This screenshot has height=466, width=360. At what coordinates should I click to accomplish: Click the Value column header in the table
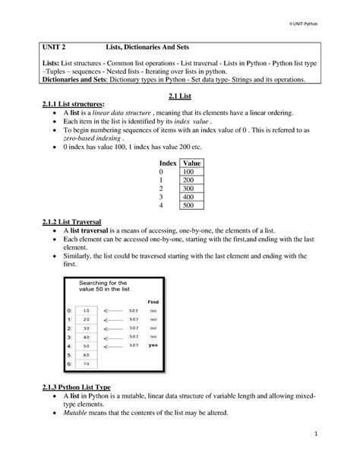pyautogui.click(x=191, y=163)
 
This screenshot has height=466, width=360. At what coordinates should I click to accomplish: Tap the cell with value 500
pyautogui.click(x=189, y=205)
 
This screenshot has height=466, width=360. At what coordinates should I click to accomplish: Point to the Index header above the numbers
pyautogui.click(x=168, y=163)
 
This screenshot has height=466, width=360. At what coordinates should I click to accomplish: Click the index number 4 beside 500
pyautogui.click(x=161, y=205)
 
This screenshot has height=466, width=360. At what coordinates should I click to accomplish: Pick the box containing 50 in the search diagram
pyautogui.click(x=86, y=345)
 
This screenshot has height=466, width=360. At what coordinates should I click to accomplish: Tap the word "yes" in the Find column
pyautogui.click(x=152, y=345)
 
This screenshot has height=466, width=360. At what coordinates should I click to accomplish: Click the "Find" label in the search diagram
pyautogui.click(x=153, y=302)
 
